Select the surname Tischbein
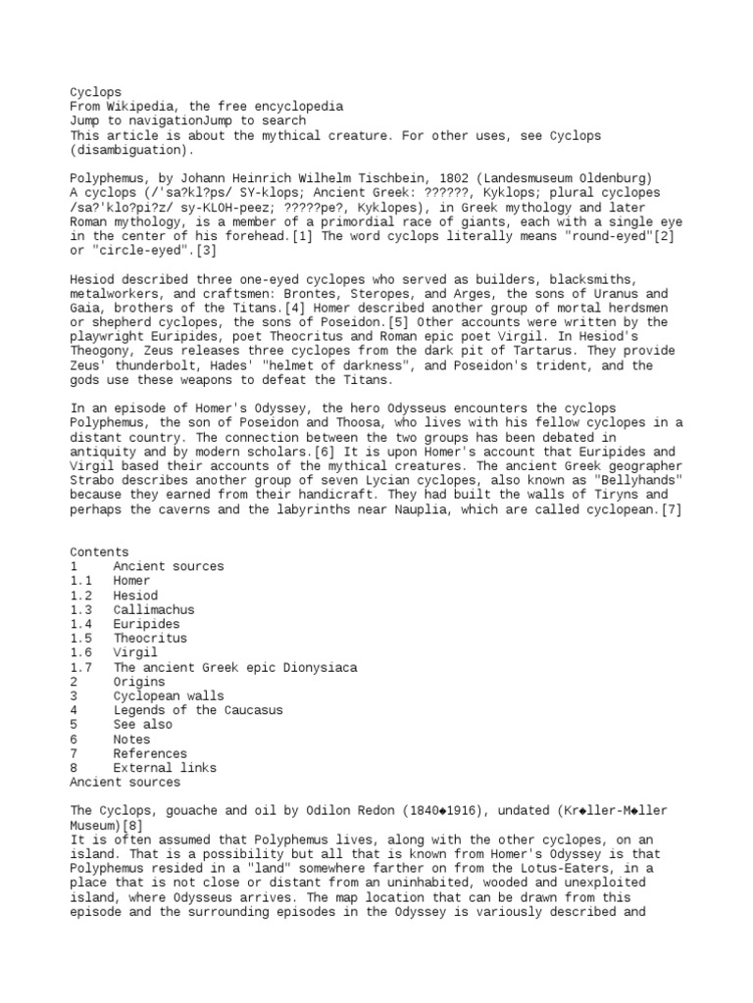(386, 178)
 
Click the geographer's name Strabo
(91, 481)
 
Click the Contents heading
(99, 552)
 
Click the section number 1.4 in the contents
(80, 624)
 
